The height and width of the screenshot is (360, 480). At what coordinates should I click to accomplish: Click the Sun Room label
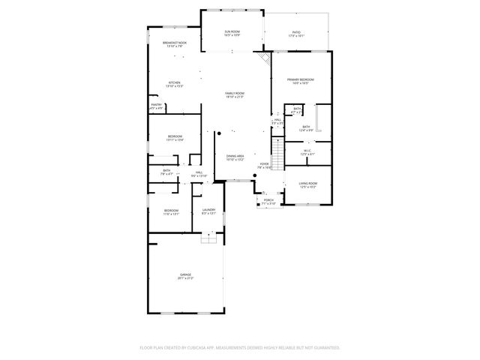(232, 31)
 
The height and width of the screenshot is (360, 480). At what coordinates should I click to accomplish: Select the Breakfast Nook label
(175, 43)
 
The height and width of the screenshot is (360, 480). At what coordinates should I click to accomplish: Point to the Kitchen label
(174, 82)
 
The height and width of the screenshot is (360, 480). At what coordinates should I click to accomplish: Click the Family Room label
(235, 93)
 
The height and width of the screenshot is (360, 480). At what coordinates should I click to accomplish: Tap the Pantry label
(156, 105)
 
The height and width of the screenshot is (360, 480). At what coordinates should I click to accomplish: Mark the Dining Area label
(235, 156)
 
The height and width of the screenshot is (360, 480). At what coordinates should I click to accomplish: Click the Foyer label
(264, 163)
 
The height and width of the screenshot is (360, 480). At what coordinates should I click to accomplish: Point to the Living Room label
(307, 183)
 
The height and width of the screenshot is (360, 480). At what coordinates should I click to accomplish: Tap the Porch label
(268, 200)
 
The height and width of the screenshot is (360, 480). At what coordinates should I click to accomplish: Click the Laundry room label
(208, 210)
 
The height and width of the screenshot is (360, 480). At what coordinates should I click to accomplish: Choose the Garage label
(185, 274)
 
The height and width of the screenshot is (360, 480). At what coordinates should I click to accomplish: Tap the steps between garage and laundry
(208, 238)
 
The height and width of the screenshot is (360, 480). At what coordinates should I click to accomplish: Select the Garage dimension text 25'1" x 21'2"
(185, 278)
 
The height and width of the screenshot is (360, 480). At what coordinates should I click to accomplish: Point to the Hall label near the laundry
(199, 172)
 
